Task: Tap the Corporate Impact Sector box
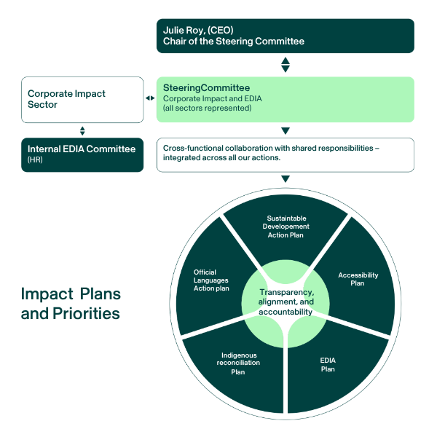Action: coord(82,100)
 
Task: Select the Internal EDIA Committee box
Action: coord(82,154)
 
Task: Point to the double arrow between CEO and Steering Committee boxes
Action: coord(286,65)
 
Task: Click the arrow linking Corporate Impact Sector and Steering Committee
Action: coord(150,98)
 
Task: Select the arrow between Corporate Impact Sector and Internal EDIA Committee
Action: coord(82,131)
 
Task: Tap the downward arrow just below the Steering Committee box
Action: coord(286,131)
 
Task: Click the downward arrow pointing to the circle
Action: coord(286,179)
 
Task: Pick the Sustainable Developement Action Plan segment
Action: coord(286,226)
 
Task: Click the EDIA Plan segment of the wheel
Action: coord(328,364)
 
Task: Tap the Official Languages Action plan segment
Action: coord(211,280)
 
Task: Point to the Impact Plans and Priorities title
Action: coord(71,304)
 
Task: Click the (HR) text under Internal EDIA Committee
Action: coord(35,160)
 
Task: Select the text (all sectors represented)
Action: coord(207,109)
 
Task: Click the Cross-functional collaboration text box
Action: coord(286,154)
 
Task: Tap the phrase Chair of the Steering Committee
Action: coord(234,42)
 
